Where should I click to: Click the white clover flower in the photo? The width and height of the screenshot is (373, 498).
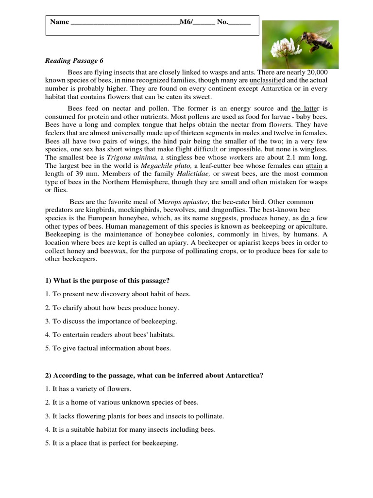click(280, 48)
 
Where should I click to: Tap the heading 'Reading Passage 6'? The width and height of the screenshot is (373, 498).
click(74, 61)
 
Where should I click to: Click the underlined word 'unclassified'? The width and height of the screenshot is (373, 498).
click(268, 80)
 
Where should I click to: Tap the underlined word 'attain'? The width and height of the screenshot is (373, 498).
click(314, 166)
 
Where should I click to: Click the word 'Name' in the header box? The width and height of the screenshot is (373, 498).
click(59, 22)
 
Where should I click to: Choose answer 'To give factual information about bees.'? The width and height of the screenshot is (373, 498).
click(112, 348)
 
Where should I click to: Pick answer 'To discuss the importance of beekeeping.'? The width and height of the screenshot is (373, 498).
click(115, 321)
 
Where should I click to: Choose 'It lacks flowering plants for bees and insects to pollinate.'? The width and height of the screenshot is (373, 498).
click(138, 416)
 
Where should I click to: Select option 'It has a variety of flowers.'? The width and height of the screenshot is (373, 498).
click(92, 389)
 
